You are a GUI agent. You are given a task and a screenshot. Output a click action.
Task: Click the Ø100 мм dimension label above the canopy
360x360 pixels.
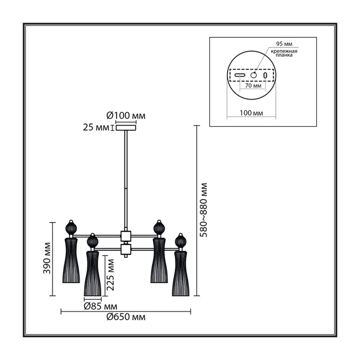126,116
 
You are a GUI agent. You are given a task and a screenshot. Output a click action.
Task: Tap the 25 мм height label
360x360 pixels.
96,127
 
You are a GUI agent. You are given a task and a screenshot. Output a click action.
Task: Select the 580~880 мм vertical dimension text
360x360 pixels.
203,210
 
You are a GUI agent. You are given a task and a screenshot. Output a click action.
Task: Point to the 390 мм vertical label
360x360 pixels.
47,258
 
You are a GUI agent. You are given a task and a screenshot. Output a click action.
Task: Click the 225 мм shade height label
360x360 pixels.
110,275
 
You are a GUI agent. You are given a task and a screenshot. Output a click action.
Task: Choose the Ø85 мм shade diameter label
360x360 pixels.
100,306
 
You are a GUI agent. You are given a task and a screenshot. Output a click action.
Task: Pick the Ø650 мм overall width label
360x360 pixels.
126,317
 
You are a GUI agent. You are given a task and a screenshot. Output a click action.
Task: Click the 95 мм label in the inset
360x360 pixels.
284,44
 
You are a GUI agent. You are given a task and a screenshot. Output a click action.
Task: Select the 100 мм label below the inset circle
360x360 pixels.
252,113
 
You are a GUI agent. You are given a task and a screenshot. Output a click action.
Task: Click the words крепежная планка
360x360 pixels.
284,53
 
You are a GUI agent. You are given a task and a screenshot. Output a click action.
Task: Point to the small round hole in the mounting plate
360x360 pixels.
253,75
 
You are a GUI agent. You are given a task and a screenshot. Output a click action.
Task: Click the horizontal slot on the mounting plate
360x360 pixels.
240,75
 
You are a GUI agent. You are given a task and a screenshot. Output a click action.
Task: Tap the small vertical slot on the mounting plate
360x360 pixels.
265,75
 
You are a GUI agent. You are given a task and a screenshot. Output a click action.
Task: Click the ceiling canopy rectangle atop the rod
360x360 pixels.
126,128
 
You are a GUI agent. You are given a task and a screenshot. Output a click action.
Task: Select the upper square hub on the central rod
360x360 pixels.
126,236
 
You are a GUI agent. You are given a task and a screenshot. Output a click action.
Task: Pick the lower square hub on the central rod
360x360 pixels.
126,249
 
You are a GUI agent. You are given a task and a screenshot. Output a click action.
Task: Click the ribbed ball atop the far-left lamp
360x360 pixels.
71,229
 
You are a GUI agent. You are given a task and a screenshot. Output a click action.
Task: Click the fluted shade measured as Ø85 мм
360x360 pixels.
93,274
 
